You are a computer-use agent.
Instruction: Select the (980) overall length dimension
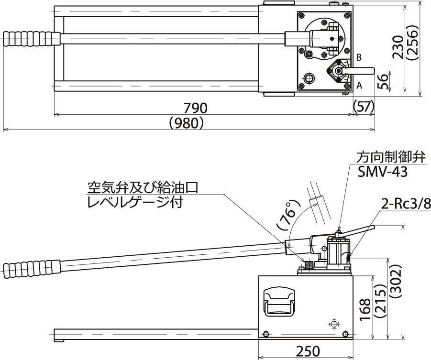tap(187, 123)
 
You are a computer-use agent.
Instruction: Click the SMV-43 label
tap(383, 171)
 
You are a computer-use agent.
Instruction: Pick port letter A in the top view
tap(358, 86)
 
